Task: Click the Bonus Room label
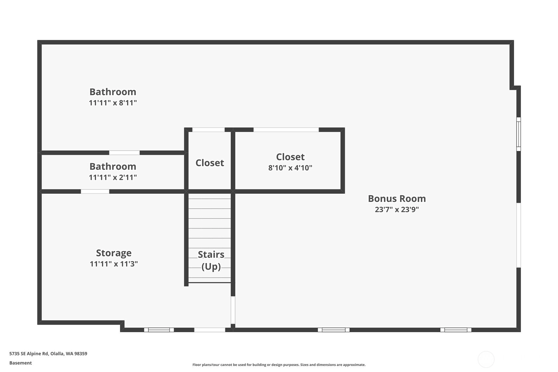397,199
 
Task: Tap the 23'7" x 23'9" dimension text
397,210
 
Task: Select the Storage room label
114,253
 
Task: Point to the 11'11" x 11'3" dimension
114,264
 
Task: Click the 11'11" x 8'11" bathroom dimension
113,103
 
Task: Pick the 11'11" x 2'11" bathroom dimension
113,177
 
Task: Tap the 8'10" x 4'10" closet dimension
290,168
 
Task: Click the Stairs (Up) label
211,260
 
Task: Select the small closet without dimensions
210,163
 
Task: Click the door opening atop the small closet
208,130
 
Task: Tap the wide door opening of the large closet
286,130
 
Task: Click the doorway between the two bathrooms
125,153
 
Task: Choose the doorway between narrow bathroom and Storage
95,191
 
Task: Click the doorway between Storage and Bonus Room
233,310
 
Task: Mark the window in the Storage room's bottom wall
159,330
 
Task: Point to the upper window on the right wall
519,134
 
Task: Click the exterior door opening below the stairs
210,330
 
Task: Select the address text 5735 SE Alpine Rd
29,354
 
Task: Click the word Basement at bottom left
20,363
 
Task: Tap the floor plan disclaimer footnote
279,365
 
